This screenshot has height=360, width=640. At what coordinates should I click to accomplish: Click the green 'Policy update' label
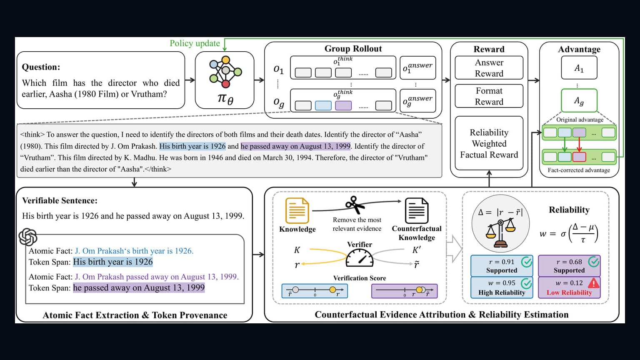pos(195,43)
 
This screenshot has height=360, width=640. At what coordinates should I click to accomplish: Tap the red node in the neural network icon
pos(226,84)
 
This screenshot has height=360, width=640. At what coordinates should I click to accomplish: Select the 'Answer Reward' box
pos(489,68)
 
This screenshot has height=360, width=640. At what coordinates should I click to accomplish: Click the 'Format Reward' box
pos(489,96)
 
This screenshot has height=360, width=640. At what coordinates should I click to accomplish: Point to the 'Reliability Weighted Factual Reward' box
pos(489,143)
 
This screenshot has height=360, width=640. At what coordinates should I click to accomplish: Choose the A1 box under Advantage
pos(579,68)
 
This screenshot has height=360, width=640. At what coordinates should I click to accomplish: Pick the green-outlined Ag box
pos(579,100)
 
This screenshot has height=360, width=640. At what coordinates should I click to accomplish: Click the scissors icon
pos(355,205)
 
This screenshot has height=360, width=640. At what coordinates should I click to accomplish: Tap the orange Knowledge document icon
pos(297,210)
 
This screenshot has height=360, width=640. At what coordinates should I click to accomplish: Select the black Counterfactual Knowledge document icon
pos(417,211)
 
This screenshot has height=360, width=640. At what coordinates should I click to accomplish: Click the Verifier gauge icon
pos(360,258)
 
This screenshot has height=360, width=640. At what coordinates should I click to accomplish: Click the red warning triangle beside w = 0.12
pos(593,283)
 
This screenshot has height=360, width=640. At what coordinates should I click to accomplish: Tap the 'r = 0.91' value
pos(501,262)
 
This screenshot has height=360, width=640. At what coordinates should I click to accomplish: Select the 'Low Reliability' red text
pos(569,292)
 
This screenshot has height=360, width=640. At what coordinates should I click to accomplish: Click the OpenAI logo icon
pos(28,237)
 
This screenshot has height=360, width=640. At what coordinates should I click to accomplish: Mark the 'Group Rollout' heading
pos(353,49)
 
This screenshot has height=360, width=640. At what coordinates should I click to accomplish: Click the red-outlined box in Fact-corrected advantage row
pos(579,157)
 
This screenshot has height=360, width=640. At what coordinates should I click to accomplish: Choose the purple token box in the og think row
pos(343,105)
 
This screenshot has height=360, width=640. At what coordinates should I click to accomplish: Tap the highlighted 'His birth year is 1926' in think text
pos(192,146)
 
